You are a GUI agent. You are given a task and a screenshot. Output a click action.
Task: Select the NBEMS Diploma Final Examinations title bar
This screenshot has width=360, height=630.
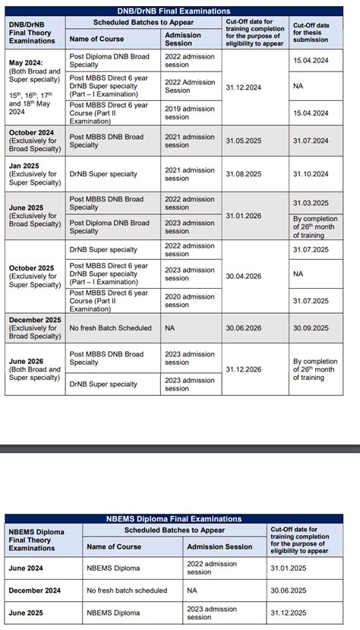pyautogui.click(x=174, y=519)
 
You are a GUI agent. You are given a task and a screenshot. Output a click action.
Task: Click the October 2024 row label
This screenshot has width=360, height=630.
pyautogui.click(x=33, y=141)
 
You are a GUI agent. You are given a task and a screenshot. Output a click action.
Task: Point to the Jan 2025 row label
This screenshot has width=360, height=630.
pyautogui.click(x=34, y=174)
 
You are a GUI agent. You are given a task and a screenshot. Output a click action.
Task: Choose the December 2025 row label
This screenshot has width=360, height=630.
pyautogui.click(x=35, y=328)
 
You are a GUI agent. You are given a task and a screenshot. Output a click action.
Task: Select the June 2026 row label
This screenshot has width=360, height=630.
pyautogui.click(x=34, y=369)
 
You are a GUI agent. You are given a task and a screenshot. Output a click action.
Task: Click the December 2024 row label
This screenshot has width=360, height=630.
pyautogui.click(x=34, y=590)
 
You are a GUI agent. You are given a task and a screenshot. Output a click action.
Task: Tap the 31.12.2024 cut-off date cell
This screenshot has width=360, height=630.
pyautogui.click(x=243, y=87)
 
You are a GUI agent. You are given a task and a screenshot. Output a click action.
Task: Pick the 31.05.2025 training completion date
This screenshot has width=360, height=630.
pyautogui.click(x=243, y=141)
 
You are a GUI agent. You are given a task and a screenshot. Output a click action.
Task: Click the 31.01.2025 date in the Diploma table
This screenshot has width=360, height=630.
pyautogui.click(x=289, y=568)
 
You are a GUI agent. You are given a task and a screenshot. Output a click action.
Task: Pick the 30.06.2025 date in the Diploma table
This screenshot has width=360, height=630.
pyautogui.click(x=289, y=590)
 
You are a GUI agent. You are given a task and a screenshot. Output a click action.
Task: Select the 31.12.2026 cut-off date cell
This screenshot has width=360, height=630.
pyautogui.click(x=243, y=369)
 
